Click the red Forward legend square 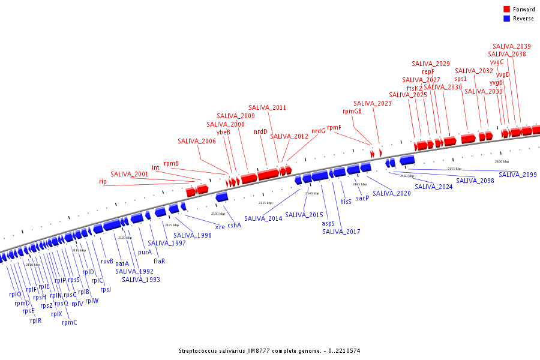[506, 10]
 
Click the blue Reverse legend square [506, 19]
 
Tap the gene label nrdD [260, 131]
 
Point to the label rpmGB [352, 111]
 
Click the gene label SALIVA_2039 [511, 46]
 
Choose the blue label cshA [234, 225]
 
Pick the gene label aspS [328, 223]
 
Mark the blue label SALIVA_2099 [517, 175]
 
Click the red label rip [103, 181]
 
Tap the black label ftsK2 [415, 88]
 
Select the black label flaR [159, 261]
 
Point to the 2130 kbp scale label [218, 214]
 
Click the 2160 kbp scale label [502, 161]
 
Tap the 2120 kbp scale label [125, 238]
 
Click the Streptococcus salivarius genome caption [269, 350]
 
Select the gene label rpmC [70, 322]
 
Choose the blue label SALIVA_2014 [263, 218]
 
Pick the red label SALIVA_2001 [129, 174]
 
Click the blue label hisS [346, 202]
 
